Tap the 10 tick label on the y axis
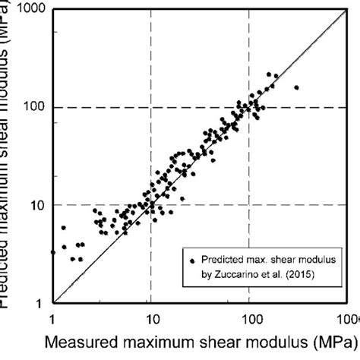[x=35, y=205]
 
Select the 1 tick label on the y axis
[x=38, y=303]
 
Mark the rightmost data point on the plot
[x=296, y=87]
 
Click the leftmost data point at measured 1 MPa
[x=52, y=251]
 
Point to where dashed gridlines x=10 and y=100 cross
[x=151, y=107]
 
